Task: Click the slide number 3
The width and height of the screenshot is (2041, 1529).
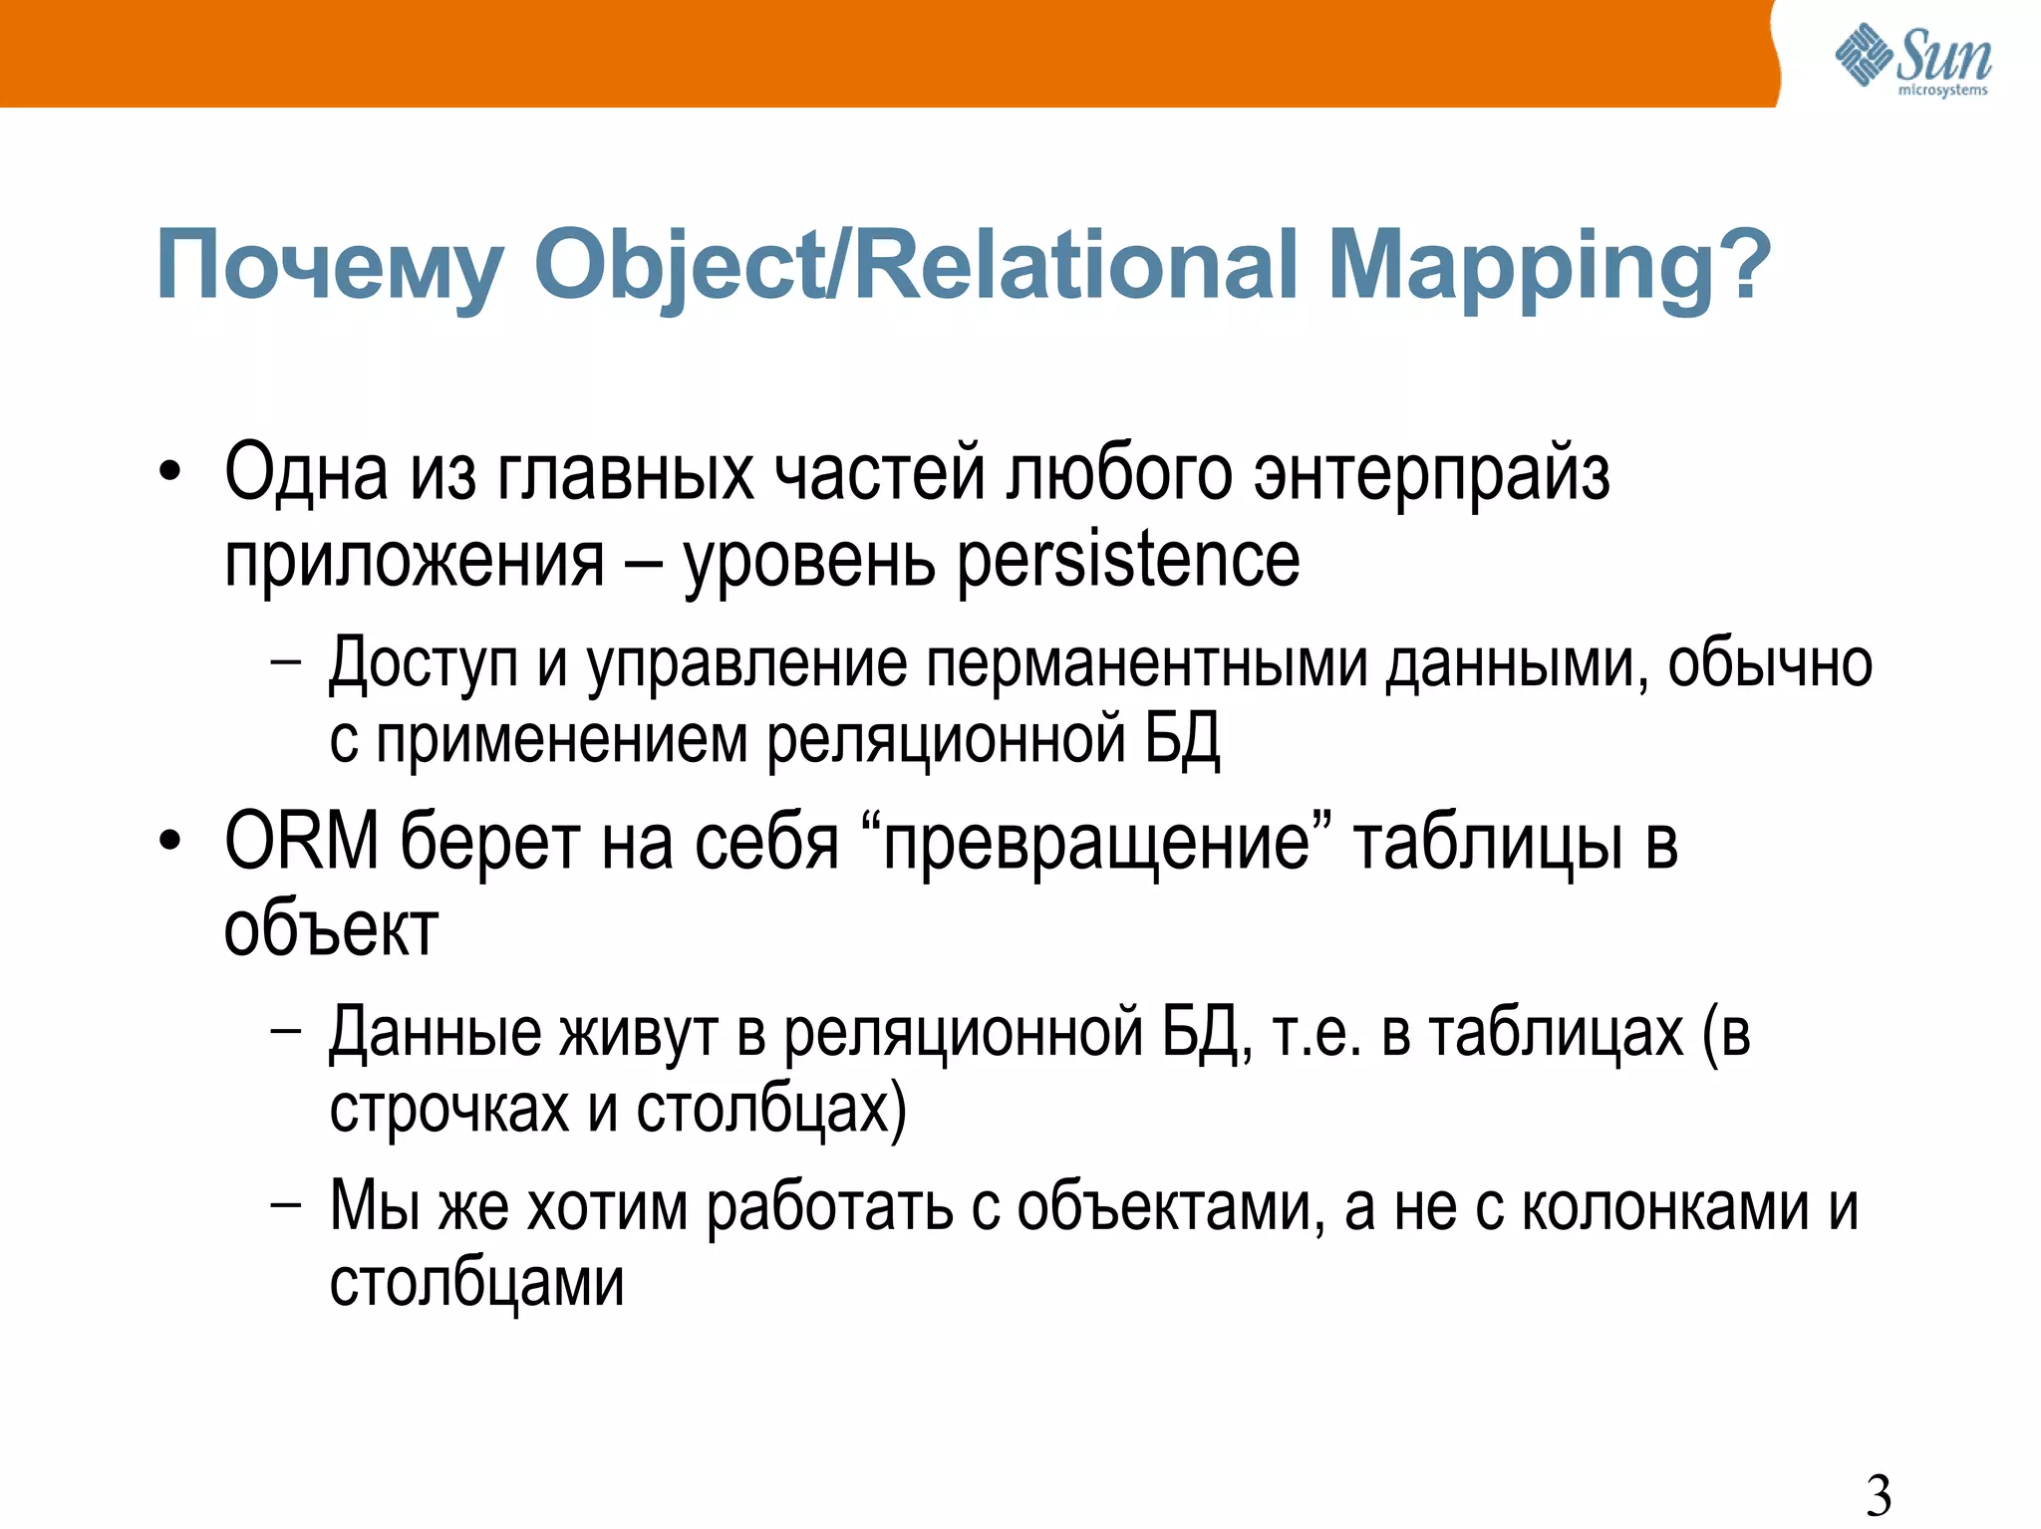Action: pos(1879,1494)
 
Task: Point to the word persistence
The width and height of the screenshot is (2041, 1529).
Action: pos(1128,561)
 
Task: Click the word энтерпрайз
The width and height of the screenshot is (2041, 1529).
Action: pos(1431,475)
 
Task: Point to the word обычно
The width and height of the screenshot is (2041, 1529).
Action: pos(1770,663)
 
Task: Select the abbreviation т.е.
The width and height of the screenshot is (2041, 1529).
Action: pos(1316,1034)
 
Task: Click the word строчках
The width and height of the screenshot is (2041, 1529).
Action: pos(448,1109)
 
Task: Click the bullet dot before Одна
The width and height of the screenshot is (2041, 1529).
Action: pos(170,473)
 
